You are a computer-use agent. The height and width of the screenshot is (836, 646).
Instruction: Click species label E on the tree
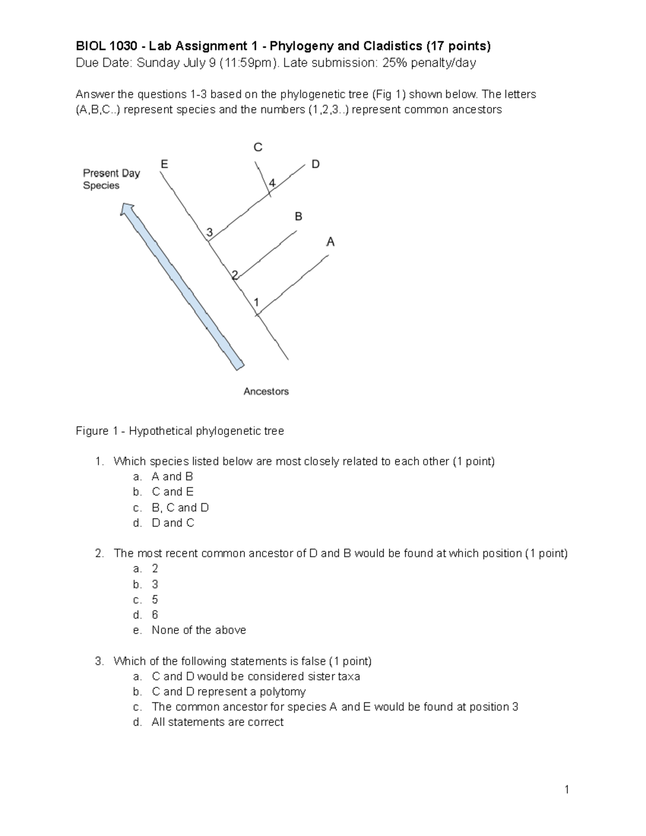click(x=164, y=164)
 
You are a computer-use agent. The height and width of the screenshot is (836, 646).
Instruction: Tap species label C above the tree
click(x=258, y=147)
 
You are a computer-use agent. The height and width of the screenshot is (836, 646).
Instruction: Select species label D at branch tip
click(x=315, y=164)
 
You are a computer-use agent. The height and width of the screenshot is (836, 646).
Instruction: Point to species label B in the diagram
click(x=298, y=216)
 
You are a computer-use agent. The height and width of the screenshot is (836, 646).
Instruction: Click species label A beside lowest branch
click(x=331, y=242)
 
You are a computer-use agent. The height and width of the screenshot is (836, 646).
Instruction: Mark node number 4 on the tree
click(x=272, y=183)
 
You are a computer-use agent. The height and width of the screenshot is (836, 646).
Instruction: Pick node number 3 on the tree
click(x=210, y=232)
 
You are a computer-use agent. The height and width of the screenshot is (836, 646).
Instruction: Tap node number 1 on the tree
click(x=257, y=302)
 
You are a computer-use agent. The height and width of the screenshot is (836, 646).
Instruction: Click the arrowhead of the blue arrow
click(x=128, y=210)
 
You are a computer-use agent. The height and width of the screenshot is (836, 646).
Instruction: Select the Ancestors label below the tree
click(x=266, y=391)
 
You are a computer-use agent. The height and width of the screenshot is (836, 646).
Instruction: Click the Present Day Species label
click(x=111, y=179)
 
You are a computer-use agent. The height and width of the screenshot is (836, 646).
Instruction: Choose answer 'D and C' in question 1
click(x=173, y=523)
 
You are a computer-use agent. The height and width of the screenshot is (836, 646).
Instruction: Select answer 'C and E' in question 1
click(x=172, y=491)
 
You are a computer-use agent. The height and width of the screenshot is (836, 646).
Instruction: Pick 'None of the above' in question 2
click(x=199, y=630)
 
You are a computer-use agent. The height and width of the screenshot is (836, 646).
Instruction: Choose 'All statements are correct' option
click(x=217, y=722)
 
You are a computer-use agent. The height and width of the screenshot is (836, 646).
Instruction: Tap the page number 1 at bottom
click(x=567, y=790)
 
